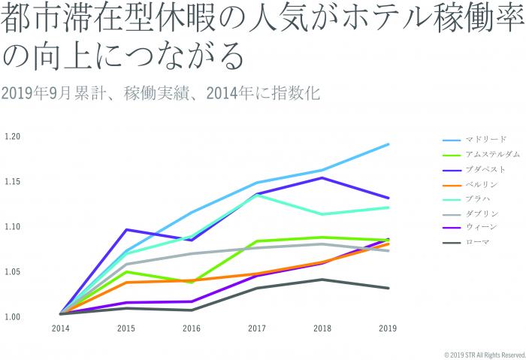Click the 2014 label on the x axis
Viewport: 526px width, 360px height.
click(60, 328)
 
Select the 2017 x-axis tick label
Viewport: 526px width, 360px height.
click(256, 328)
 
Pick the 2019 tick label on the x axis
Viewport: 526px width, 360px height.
click(388, 328)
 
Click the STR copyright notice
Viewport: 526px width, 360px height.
click(484, 354)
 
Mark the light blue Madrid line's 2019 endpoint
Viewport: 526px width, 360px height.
click(388, 144)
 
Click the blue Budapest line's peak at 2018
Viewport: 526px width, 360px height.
click(322, 177)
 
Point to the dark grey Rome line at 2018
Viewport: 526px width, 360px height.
click(322, 280)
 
